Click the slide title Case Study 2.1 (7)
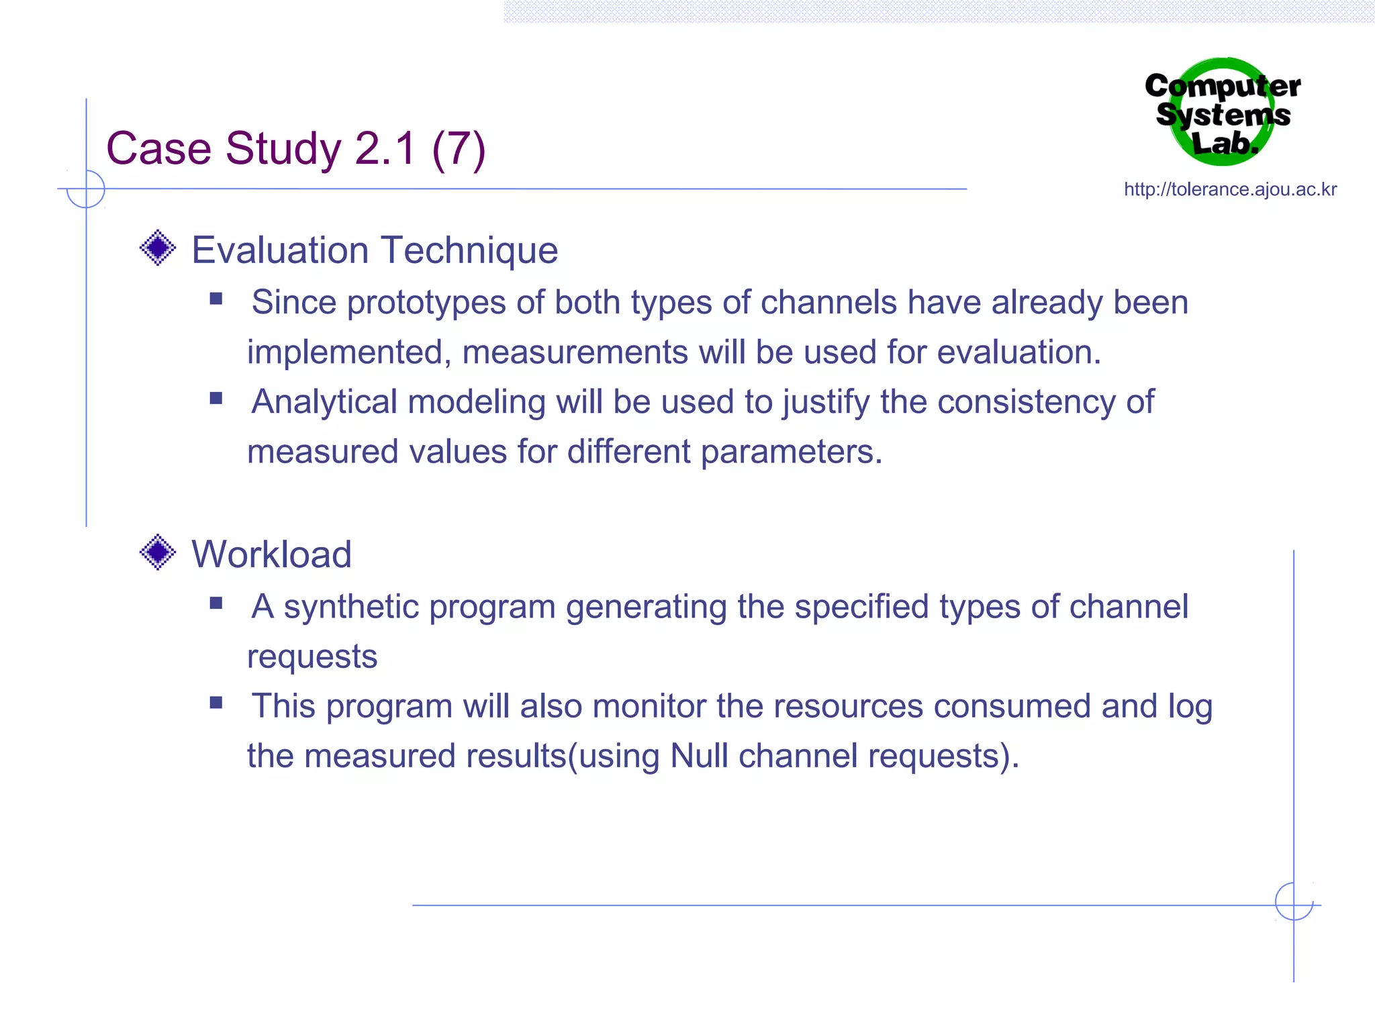pyautogui.click(x=295, y=148)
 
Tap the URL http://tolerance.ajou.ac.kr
pyautogui.click(x=1230, y=190)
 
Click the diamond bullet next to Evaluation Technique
pyautogui.click(x=158, y=248)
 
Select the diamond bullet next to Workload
pyautogui.click(x=158, y=552)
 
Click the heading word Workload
pyautogui.click(x=271, y=554)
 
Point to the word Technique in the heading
pyautogui.click(x=469, y=250)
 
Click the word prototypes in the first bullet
pyautogui.click(x=426, y=303)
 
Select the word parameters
pyautogui.click(x=790, y=452)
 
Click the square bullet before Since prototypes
pyautogui.click(x=216, y=299)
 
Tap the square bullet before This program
pyautogui.click(x=216, y=703)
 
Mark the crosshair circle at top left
pyautogui.click(x=86, y=189)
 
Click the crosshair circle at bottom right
pyautogui.click(x=1294, y=901)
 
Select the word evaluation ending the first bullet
pyautogui.click(x=1018, y=352)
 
